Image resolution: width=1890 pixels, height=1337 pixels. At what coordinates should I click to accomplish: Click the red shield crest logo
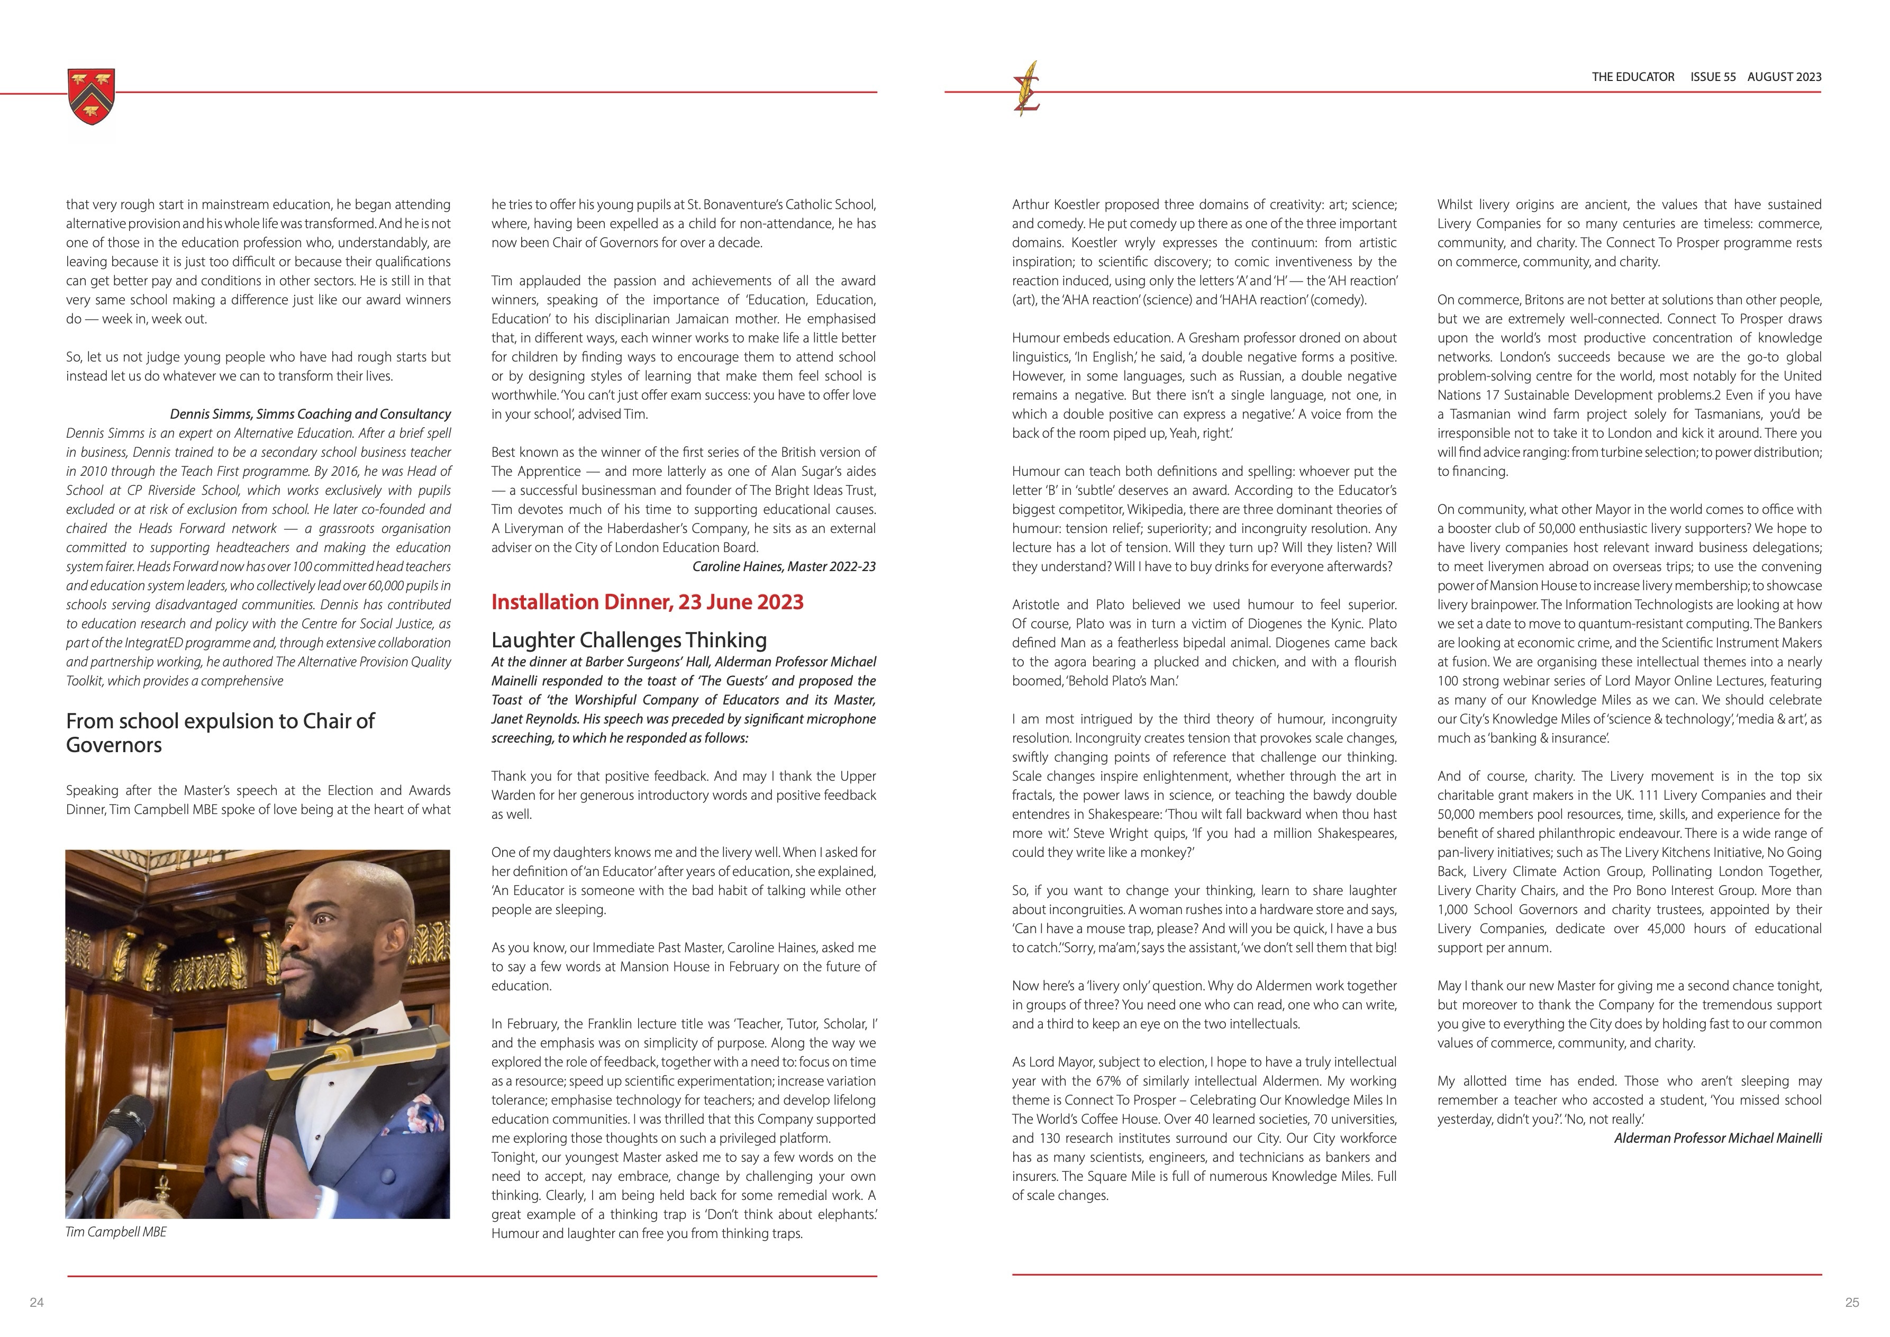tap(92, 97)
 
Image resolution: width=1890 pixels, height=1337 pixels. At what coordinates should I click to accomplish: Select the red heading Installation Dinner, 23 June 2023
tap(647, 602)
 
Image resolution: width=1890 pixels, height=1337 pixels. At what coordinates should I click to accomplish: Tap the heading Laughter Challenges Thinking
tap(629, 640)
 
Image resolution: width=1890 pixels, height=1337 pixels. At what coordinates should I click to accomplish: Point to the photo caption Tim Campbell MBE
tap(116, 1232)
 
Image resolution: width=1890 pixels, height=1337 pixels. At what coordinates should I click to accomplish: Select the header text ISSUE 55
tap(1713, 77)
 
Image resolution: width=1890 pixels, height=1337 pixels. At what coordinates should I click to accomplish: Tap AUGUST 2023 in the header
tap(1785, 77)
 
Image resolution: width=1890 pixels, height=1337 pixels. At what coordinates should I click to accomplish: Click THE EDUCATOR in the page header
tap(1633, 77)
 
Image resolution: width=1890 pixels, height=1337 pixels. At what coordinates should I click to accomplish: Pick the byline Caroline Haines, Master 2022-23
tap(784, 566)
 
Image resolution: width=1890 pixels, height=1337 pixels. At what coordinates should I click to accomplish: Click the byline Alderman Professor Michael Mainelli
tap(1718, 1138)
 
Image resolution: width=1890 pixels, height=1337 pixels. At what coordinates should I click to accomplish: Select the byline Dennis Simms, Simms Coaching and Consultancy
tap(311, 414)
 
